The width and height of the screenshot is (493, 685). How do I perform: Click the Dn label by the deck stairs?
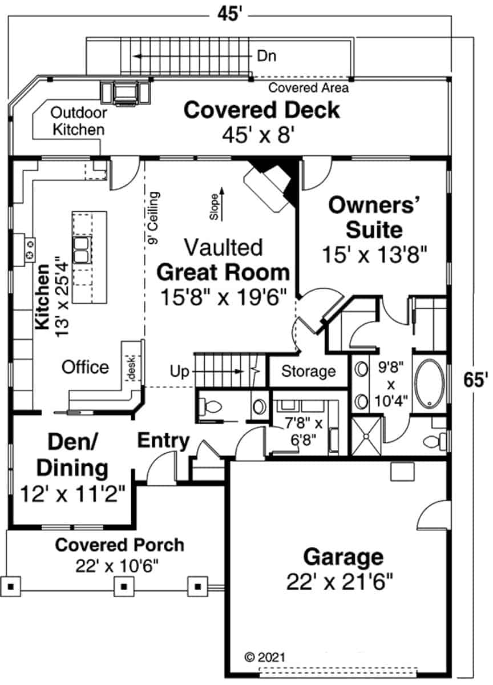pos(266,57)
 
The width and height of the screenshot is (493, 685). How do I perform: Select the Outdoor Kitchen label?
pos(79,122)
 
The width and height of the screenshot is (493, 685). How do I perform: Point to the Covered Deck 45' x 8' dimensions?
pos(258,135)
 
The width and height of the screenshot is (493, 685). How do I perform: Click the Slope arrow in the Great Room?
pos(222,204)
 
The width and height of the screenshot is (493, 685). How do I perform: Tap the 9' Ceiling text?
pos(153,217)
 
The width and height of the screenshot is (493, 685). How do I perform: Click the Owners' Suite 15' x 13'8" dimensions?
pos(374,255)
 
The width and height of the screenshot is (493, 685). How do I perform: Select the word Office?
pos(85,367)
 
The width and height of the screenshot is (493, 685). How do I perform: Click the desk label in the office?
pos(132,368)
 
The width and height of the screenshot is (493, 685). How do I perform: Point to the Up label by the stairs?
pos(179,372)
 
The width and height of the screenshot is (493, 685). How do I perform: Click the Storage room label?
pos(308,371)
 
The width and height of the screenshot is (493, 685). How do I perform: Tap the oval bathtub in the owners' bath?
pos(430,384)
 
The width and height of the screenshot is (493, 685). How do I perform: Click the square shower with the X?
pos(366,436)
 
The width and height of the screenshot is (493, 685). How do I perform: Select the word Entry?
pos(164,441)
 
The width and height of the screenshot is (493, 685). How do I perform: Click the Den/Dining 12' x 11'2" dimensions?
pos(72,494)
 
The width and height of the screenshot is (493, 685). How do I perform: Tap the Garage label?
pos(344,557)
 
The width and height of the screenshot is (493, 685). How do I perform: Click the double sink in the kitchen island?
pos(82,249)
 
